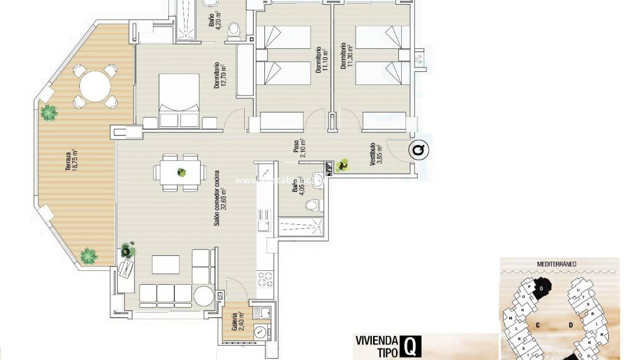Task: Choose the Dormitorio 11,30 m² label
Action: [x=346, y=55]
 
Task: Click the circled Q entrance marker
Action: [x=420, y=150]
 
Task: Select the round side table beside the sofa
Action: [x=203, y=297]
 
